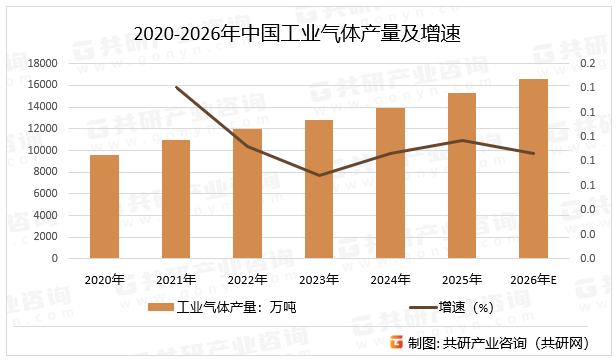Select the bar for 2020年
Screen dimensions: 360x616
pyautogui.click(x=104, y=206)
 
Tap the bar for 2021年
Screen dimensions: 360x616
pyautogui.click(x=176, y=198)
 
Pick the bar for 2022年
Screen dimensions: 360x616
pyautogui.click(x=247, y=193)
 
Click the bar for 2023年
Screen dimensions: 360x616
pyautogui.click(x=319, y=189)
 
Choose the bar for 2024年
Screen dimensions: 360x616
pyautogui.click(x=391, y=183)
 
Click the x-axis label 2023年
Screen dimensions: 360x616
pyautogui.click(x=319, y=279)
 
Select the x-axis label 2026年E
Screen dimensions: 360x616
pyautogui.click(x=535, y=279)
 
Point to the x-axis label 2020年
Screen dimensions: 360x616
pyautogui.click(x=104, y=279)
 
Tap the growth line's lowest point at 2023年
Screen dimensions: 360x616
pyautogui.click(x=319, y=176)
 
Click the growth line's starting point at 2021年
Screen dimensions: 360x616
pyautogui.click(x=176, y=88)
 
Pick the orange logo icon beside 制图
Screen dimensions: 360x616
pyautogui.click(x=396, y=342)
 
